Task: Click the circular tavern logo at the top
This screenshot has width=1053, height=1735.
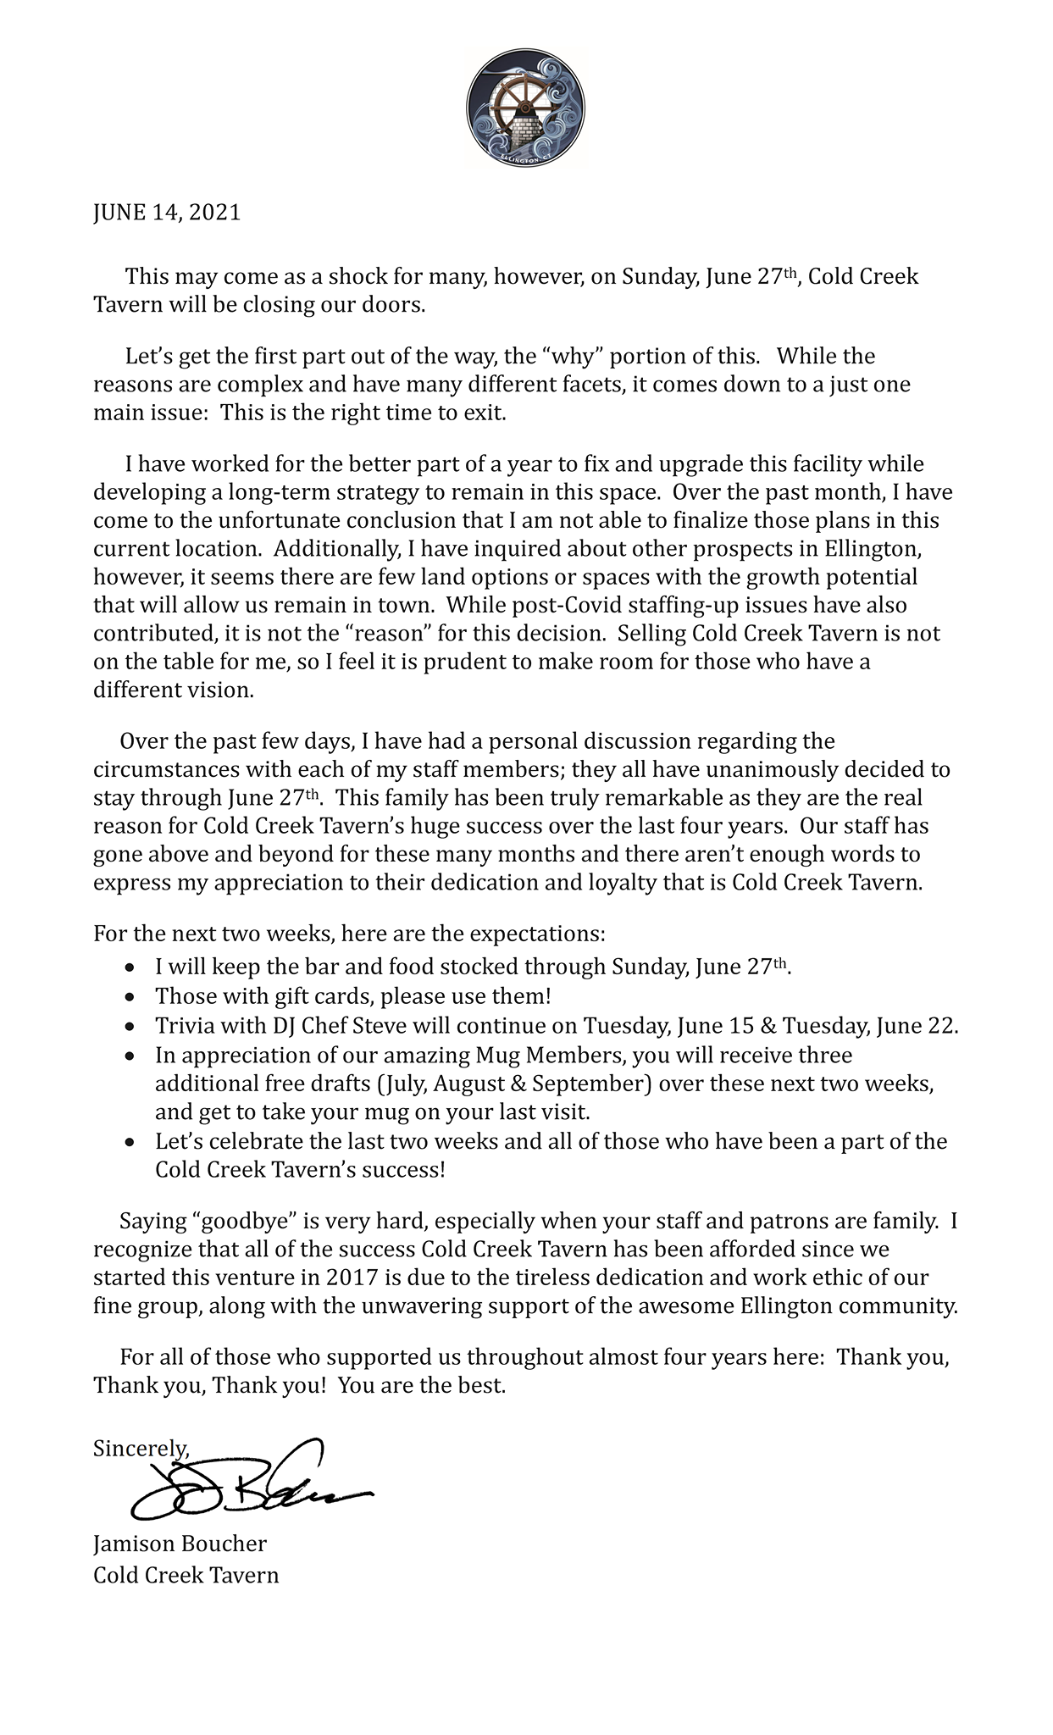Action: point(526,108)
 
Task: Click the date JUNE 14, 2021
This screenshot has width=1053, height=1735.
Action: point(167,213)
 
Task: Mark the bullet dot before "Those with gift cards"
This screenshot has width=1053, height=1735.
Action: point(129,997)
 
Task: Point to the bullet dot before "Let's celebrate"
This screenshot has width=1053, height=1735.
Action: point(129,1143)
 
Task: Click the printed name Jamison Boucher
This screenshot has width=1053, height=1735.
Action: point(180,1544)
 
